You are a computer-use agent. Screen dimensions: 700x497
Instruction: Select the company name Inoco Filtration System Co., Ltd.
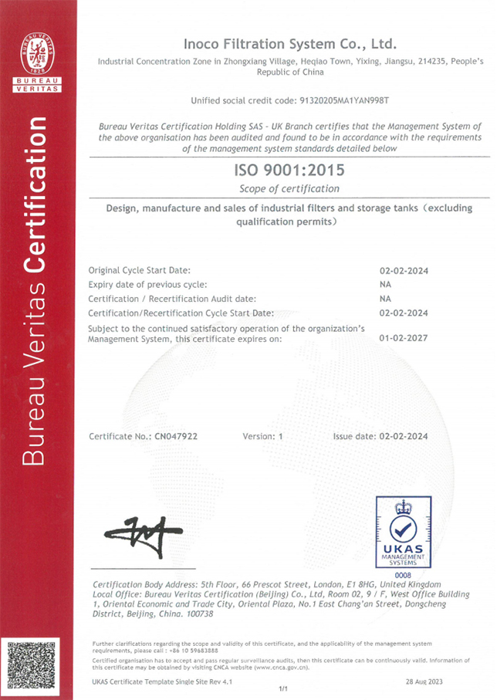(289, 43)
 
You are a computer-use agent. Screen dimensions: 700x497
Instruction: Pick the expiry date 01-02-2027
(404, 337)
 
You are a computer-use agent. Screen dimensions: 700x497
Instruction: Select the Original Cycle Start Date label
(139, 270)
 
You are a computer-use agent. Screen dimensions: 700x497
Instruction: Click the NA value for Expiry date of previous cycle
(386, 284)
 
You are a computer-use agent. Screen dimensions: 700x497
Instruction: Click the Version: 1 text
(263, 436)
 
